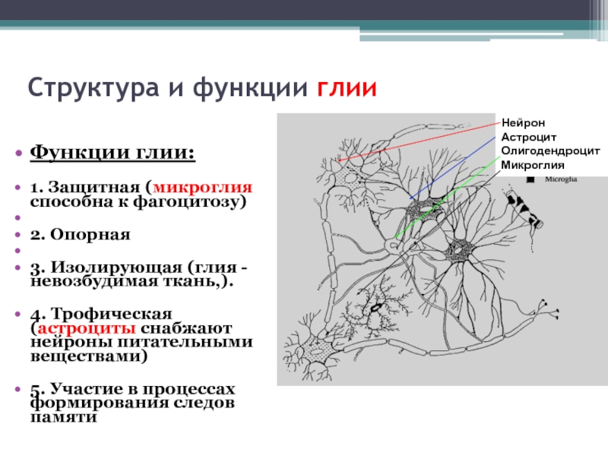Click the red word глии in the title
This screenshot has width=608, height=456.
click(347, 87)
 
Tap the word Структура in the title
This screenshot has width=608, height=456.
click(93, 88)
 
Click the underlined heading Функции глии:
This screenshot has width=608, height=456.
click(112, 152)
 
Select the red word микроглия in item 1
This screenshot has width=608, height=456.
click(203, 187)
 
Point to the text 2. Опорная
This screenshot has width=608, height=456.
click(81, 235)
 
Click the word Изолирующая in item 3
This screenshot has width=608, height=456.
click(117, 268)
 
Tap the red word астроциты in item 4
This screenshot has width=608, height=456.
click(87, 328)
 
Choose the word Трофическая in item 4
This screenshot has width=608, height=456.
click(112, 314)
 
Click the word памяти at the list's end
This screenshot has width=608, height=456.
click(63, 417)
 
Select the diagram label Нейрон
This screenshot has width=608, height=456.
click(523, 123)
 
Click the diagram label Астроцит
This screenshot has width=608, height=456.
click(528, 138)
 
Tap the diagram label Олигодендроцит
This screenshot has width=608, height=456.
click(550, 151)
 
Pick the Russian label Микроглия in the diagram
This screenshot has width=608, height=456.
click(533, 165)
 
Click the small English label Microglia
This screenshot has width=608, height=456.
click(561, 179)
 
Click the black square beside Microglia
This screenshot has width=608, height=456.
click(530, 179)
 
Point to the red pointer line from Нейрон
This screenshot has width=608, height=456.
click(420, 141)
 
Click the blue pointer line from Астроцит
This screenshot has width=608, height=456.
click(453, 168)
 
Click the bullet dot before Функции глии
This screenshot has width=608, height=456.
click(18, 153)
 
